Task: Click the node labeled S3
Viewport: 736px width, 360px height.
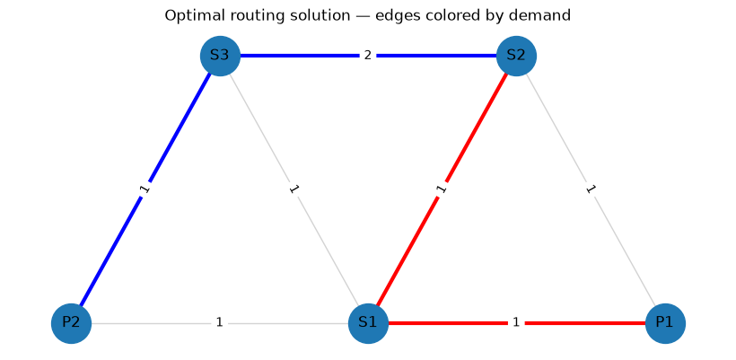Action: click(x=220, y=56)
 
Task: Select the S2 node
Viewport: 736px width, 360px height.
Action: click(x=516, y=56)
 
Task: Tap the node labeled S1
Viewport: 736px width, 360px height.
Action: click(x=368, y=323)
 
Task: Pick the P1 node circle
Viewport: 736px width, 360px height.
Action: click(x=665, y=323)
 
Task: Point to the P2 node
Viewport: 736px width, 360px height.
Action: click(x=71, y=323)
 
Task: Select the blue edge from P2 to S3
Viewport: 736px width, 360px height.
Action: click(x=145, y=189)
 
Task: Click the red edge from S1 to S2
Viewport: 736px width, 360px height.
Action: click(x=442, y=189)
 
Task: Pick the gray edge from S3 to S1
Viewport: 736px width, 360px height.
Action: click(x=294, y=189)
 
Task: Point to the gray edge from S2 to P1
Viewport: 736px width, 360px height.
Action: click(x=591, y=189)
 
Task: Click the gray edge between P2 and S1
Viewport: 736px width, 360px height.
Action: click(x=220, y=323)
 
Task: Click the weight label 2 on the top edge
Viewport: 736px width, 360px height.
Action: click(x=367, y=56)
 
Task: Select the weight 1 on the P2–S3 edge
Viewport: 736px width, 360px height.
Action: click(x=145, y=189)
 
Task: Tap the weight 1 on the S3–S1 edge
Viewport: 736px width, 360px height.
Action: click(x=294, y=189)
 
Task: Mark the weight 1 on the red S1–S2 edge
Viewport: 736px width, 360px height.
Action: click(x=442, y=189)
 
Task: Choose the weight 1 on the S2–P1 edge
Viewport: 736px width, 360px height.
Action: click(x=591, y=189)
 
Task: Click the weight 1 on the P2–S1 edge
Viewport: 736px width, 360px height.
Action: click(x=219, y=322)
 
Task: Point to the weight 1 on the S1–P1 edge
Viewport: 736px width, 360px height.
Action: click(x=516, y=322)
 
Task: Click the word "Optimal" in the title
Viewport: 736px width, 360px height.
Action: click(x=187, y=16)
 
